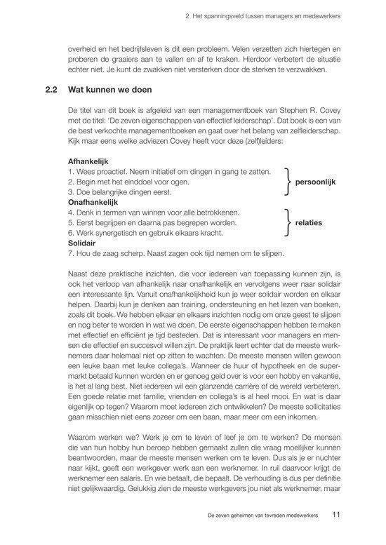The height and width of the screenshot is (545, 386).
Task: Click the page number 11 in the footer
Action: click(x=336, y=515)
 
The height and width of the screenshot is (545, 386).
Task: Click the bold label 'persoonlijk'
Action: click(x=316, y=182)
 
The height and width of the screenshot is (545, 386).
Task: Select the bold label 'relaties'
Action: click(x=309, y=222)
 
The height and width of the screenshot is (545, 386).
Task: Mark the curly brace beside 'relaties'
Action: click(x=286, y=222)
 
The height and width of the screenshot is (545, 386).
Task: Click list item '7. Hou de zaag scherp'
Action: click(x=175, y=253)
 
